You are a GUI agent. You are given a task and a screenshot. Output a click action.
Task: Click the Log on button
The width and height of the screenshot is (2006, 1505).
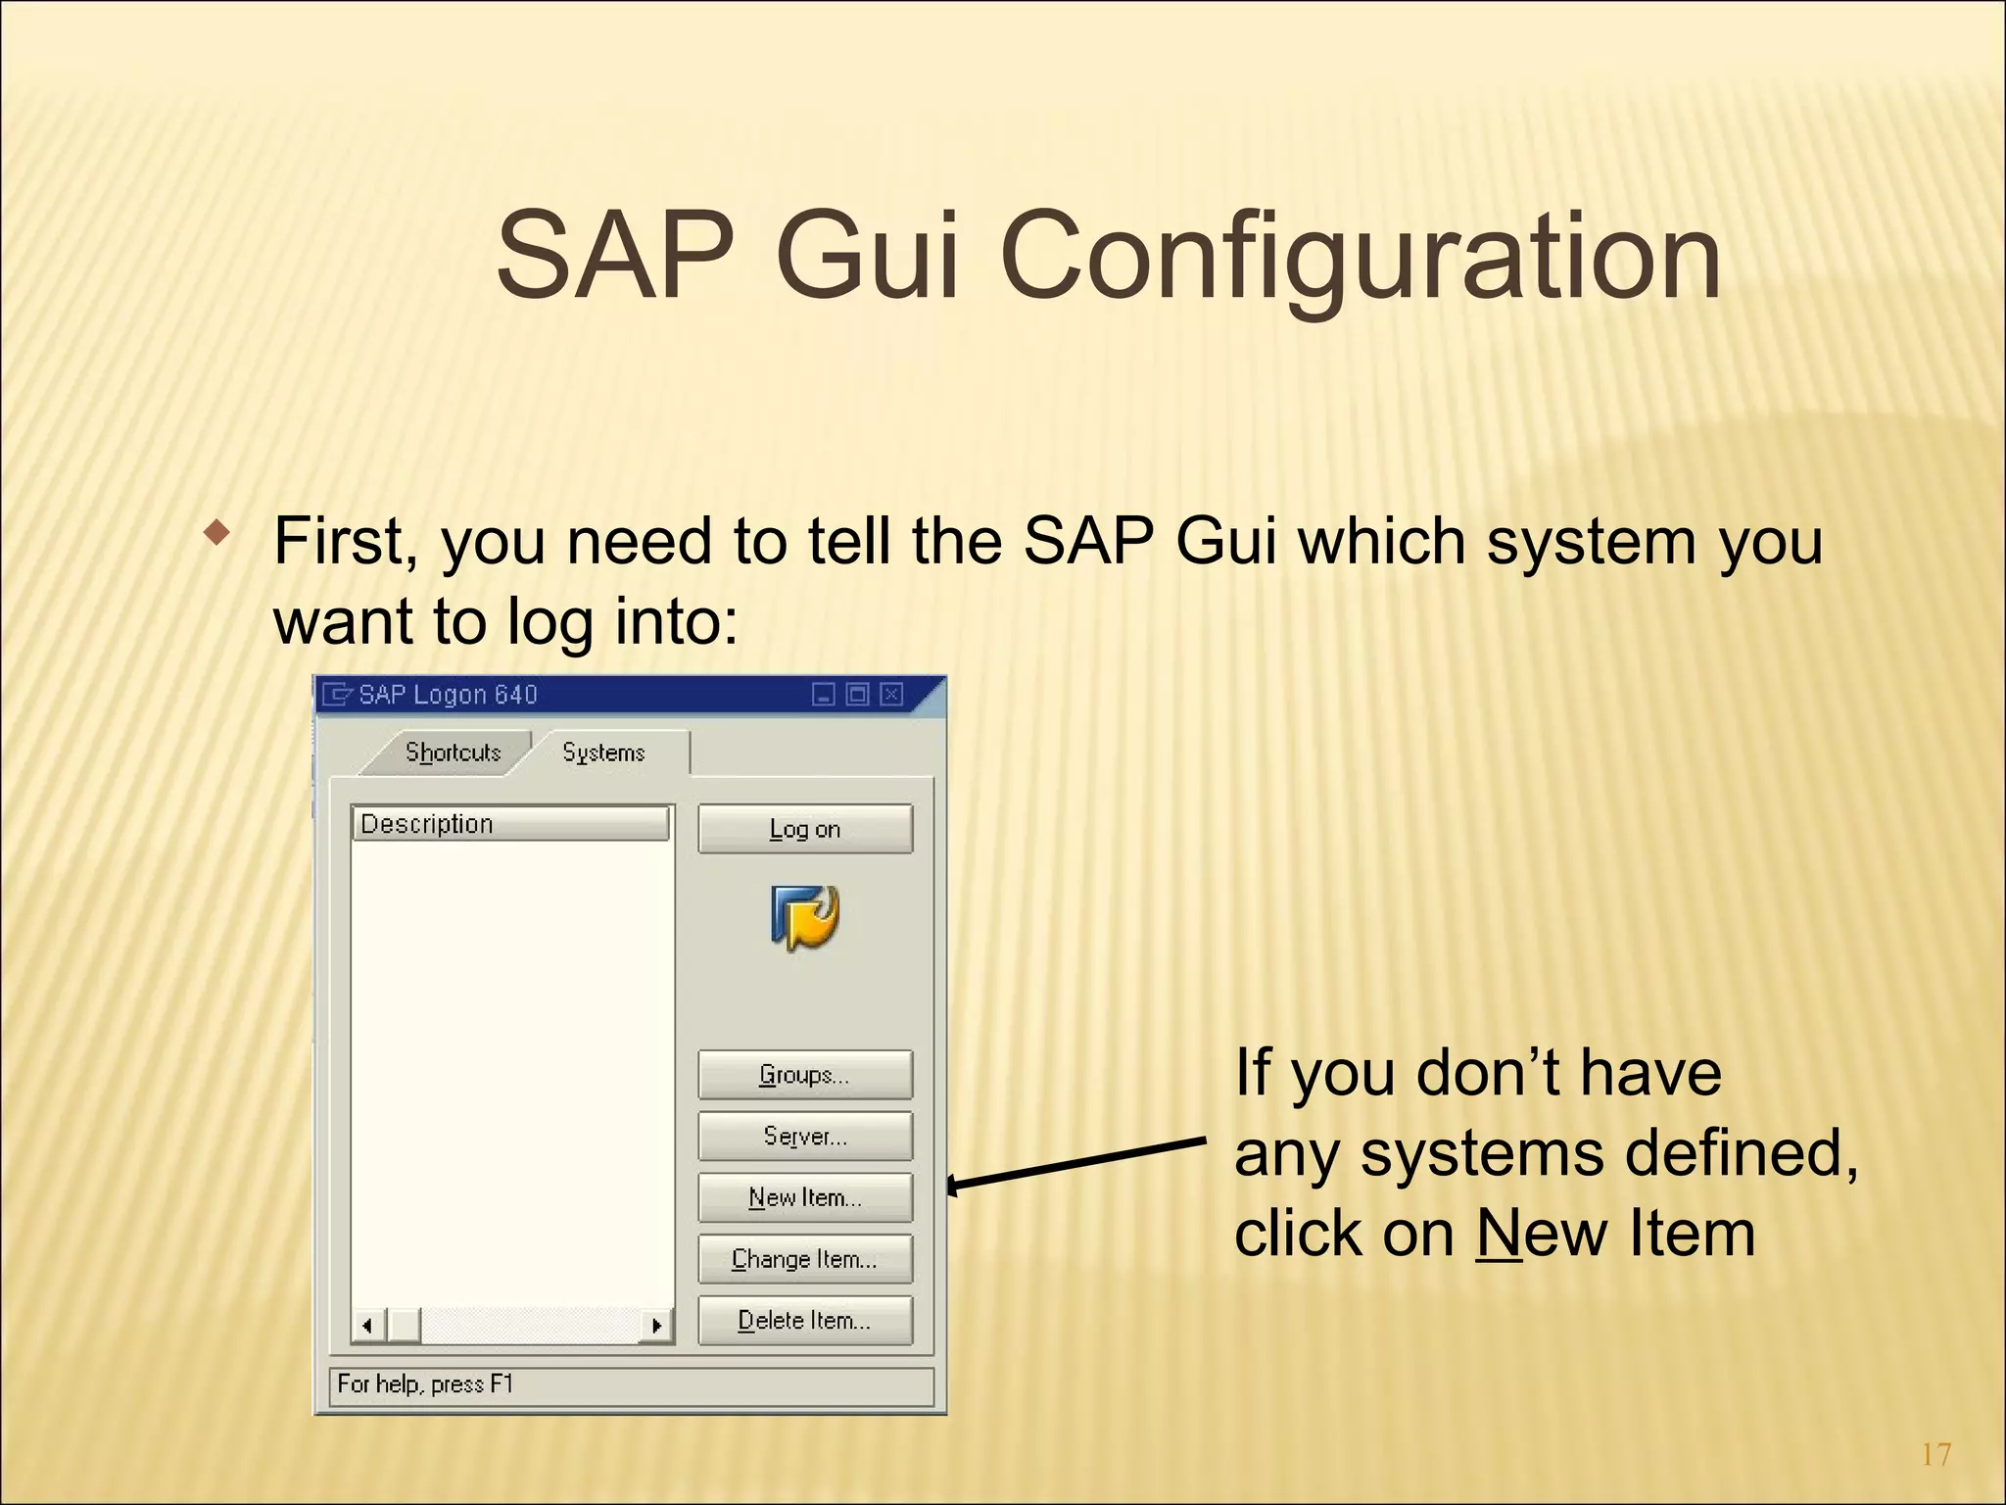coord(804,829)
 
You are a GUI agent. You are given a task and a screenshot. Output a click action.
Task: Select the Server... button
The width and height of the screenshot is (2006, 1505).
coord(804,1136)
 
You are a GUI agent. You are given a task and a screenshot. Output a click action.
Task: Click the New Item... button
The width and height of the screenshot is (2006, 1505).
coord(804,1197)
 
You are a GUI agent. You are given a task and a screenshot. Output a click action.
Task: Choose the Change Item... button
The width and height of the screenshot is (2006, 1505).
coord(804,1259)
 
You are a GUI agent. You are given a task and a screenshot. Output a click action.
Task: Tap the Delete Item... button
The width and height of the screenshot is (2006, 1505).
coord(804,1321)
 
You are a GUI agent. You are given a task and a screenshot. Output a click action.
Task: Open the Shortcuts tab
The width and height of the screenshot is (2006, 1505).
coord(453,752)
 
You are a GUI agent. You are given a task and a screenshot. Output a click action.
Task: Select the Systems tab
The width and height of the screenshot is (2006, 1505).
coord(603,752)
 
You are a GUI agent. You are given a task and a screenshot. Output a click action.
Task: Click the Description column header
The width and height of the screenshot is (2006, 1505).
coord(509,824)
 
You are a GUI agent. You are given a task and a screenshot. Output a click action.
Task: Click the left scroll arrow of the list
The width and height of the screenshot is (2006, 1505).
coord(367,1326)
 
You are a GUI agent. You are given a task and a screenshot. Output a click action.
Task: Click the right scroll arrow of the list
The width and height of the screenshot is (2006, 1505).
coord(656,1326)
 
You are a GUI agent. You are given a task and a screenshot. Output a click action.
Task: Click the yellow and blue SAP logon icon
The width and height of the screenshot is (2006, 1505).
coord(805,918)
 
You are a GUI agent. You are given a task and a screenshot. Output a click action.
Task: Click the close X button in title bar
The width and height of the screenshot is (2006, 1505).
coord(890,695)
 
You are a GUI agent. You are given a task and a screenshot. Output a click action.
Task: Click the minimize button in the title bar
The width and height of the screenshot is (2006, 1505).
coord(824,695)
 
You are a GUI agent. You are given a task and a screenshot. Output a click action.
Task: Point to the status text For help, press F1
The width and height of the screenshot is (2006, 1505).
coord(425,1384)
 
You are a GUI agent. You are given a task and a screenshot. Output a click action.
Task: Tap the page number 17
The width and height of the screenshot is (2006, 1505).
coord(1935,1455)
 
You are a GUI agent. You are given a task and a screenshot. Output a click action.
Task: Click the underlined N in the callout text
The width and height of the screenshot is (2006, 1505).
coord(1499,1234)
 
